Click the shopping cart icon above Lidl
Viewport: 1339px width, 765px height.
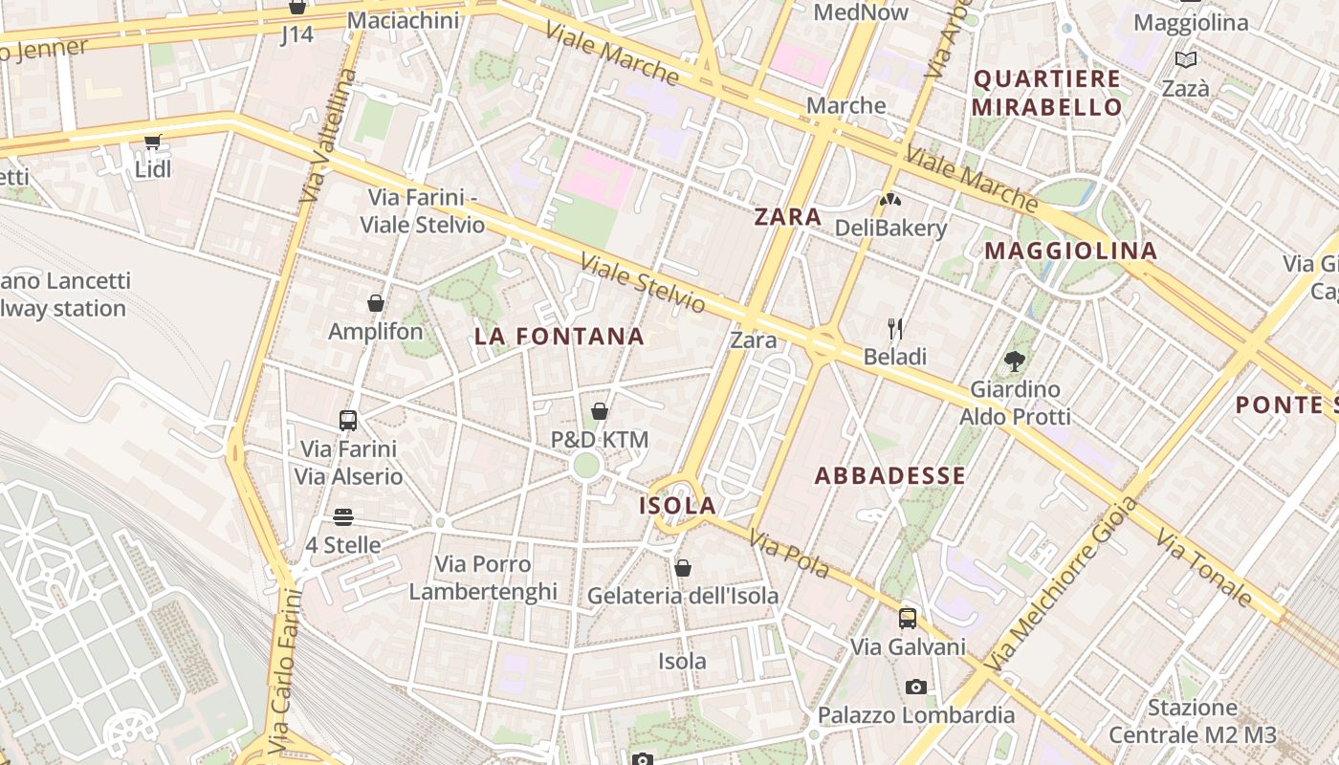(x=152, y=142)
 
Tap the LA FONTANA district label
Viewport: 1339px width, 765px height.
(x=560, y=337)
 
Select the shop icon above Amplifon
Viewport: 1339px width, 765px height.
(x=376, y=303)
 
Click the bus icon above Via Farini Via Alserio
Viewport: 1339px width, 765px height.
(x=348, y=420)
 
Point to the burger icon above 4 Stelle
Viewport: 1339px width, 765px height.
(x=343, y=517)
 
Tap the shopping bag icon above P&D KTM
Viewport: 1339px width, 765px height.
(x=600, y=411)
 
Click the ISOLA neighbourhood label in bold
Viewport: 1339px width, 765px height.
(x=677, y=505)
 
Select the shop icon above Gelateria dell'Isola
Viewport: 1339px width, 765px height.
(x=683, y=568)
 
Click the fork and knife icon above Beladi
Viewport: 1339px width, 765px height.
(x=895, y=329)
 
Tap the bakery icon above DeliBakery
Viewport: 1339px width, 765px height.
(x=890, y=200)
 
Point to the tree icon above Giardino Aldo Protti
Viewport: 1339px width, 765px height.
(x=1015, y=361)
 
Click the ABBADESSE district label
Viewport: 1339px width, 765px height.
(x=890, y=475)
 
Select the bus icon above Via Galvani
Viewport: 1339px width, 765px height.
(x=908, y=619)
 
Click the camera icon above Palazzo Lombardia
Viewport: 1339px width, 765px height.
(x=915, y=687)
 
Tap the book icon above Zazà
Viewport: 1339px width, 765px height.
(x=1186, y=60)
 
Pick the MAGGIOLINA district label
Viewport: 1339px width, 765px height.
(x=1071, y=251)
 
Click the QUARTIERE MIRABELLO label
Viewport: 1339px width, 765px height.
(x=1046, y=93)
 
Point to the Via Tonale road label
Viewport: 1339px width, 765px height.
(x=1203, y=566)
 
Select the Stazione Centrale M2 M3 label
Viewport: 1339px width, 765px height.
(x=1193, y=721)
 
